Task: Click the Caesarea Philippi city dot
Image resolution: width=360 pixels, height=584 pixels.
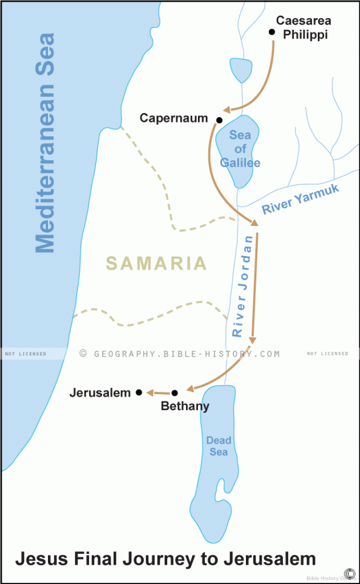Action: click(272, 32)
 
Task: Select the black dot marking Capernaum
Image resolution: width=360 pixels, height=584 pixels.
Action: click(219, 120)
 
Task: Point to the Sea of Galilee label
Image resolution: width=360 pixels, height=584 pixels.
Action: click(240, 149)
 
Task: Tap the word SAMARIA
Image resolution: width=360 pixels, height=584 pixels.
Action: click(156, 263)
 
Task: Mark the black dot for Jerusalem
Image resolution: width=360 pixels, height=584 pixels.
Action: click(139, 392)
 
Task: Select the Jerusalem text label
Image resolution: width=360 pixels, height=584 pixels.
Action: click(100, 393)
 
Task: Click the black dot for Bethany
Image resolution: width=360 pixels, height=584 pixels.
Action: click(175, 392)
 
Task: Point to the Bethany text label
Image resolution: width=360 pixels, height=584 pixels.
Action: click(185, 407)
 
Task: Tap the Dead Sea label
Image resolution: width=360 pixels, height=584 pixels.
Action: click(219, 446)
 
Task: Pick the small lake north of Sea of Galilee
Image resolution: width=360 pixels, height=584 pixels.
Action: click(241, 69)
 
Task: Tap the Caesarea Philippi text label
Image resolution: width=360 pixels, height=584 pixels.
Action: click(303, 27)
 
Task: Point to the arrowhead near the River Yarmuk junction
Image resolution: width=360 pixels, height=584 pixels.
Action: click(254, 223)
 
